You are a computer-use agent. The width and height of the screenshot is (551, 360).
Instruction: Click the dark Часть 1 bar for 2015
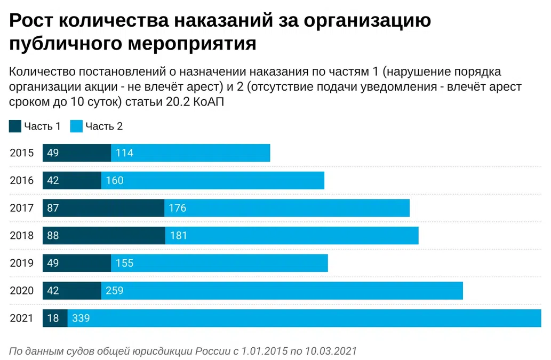pos(77,153)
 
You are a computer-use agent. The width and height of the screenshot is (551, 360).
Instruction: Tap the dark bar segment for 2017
pos(103,208)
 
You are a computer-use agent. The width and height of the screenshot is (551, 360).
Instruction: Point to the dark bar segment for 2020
pos(72,291)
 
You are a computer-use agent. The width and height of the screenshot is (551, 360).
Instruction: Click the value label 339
pos(81,318)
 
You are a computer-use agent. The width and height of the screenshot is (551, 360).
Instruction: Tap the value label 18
pos(53,318)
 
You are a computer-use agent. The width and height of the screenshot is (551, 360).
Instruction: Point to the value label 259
pos(114,291)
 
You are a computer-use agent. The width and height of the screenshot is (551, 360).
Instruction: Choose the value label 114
pos(124,153)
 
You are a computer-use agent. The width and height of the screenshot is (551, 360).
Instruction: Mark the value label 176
pos(178,208)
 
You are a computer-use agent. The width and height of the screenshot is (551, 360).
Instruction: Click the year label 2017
pos(22,208)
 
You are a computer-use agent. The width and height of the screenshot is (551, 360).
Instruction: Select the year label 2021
pos(22,318)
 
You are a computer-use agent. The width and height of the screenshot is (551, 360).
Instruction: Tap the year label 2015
pos(22,153)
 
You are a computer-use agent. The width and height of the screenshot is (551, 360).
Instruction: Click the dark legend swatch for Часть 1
pos(15,126)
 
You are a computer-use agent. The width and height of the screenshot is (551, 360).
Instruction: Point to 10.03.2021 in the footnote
pos(330,351)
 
